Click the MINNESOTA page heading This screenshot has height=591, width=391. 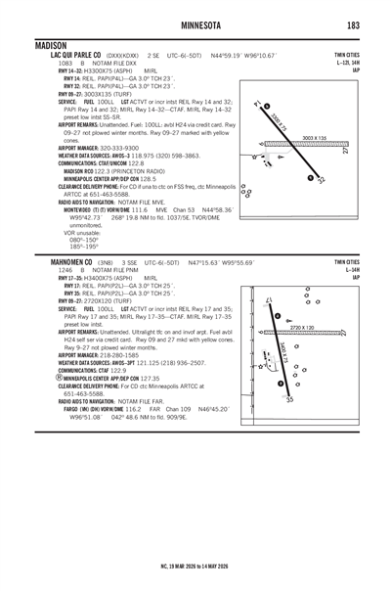(195, 23)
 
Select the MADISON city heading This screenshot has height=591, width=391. (51, 45)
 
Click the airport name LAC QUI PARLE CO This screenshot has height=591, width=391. (70, 56)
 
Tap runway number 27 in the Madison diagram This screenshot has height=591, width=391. (344, 152)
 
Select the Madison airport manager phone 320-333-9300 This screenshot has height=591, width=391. (122, 146)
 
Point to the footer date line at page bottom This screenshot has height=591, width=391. (195, 566)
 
